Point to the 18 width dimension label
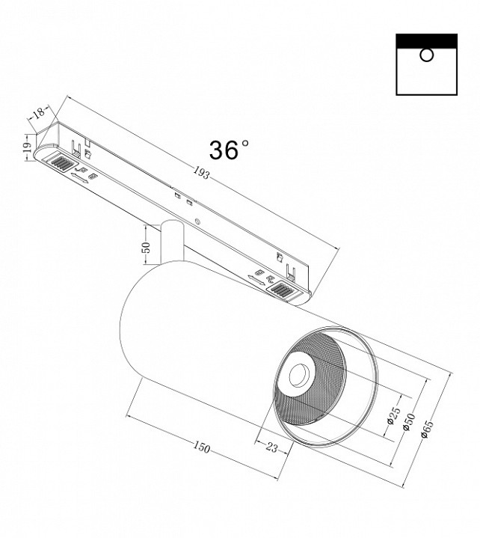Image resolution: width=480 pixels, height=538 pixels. pos(38,114)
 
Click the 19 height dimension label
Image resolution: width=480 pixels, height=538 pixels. pos(25,148)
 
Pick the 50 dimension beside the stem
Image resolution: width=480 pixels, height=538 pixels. pos(147,248)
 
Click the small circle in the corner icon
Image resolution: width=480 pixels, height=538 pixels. pos(426,55)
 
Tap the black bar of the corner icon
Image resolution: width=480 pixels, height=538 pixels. pos(426,40)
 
